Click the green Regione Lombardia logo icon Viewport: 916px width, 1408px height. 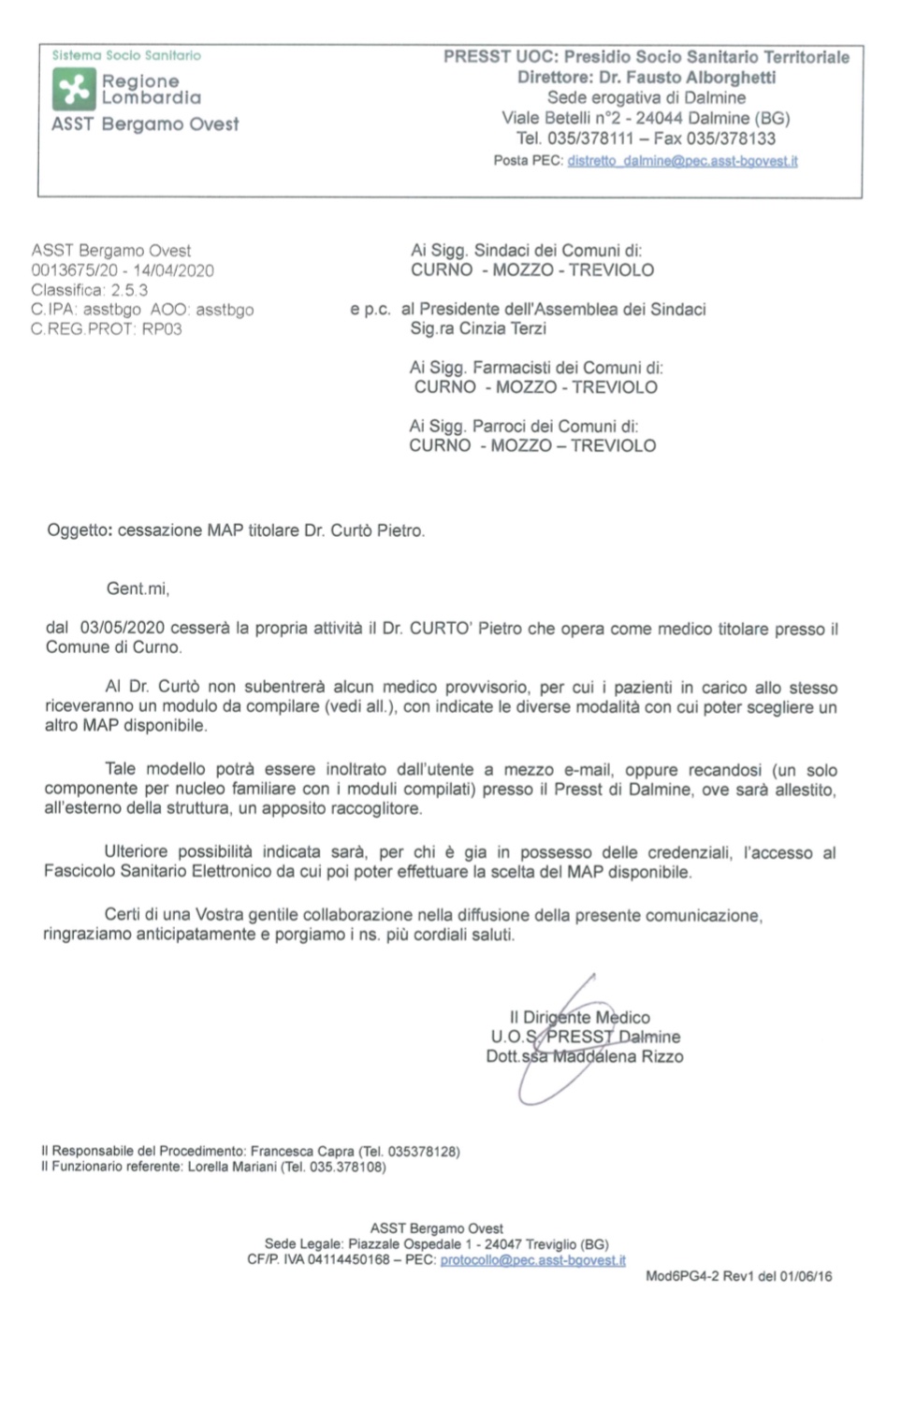coord(74,90)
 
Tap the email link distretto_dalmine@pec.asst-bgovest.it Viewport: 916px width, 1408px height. coord(682,161)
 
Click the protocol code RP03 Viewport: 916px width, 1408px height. coord(162,329)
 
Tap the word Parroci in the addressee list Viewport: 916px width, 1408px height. coord(506,427)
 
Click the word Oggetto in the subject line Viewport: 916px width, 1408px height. coord(79,530)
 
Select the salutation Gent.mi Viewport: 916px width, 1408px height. coord(138,589)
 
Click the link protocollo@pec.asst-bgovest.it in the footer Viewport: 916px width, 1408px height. coord(532,1260)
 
